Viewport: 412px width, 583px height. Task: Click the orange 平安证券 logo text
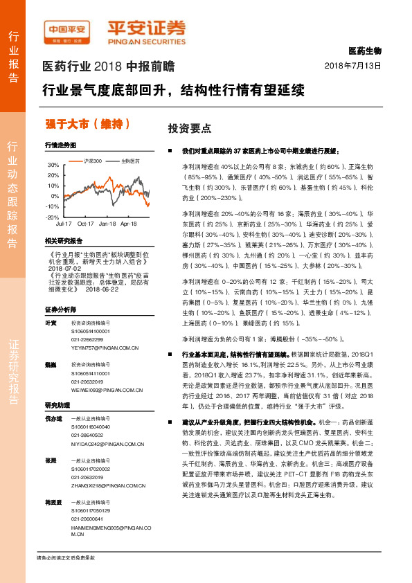click(145, 27)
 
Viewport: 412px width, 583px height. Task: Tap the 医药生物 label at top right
click(365, 51)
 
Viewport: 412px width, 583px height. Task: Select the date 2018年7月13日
click(354, 66)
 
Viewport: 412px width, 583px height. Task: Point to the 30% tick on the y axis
click(53, 165)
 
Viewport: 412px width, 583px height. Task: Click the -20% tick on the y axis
click(52, 217)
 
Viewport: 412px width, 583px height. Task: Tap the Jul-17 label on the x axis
click(63, 224)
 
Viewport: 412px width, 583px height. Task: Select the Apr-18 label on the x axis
click(129, 224)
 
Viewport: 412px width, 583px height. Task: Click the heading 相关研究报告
click(63, 240)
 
